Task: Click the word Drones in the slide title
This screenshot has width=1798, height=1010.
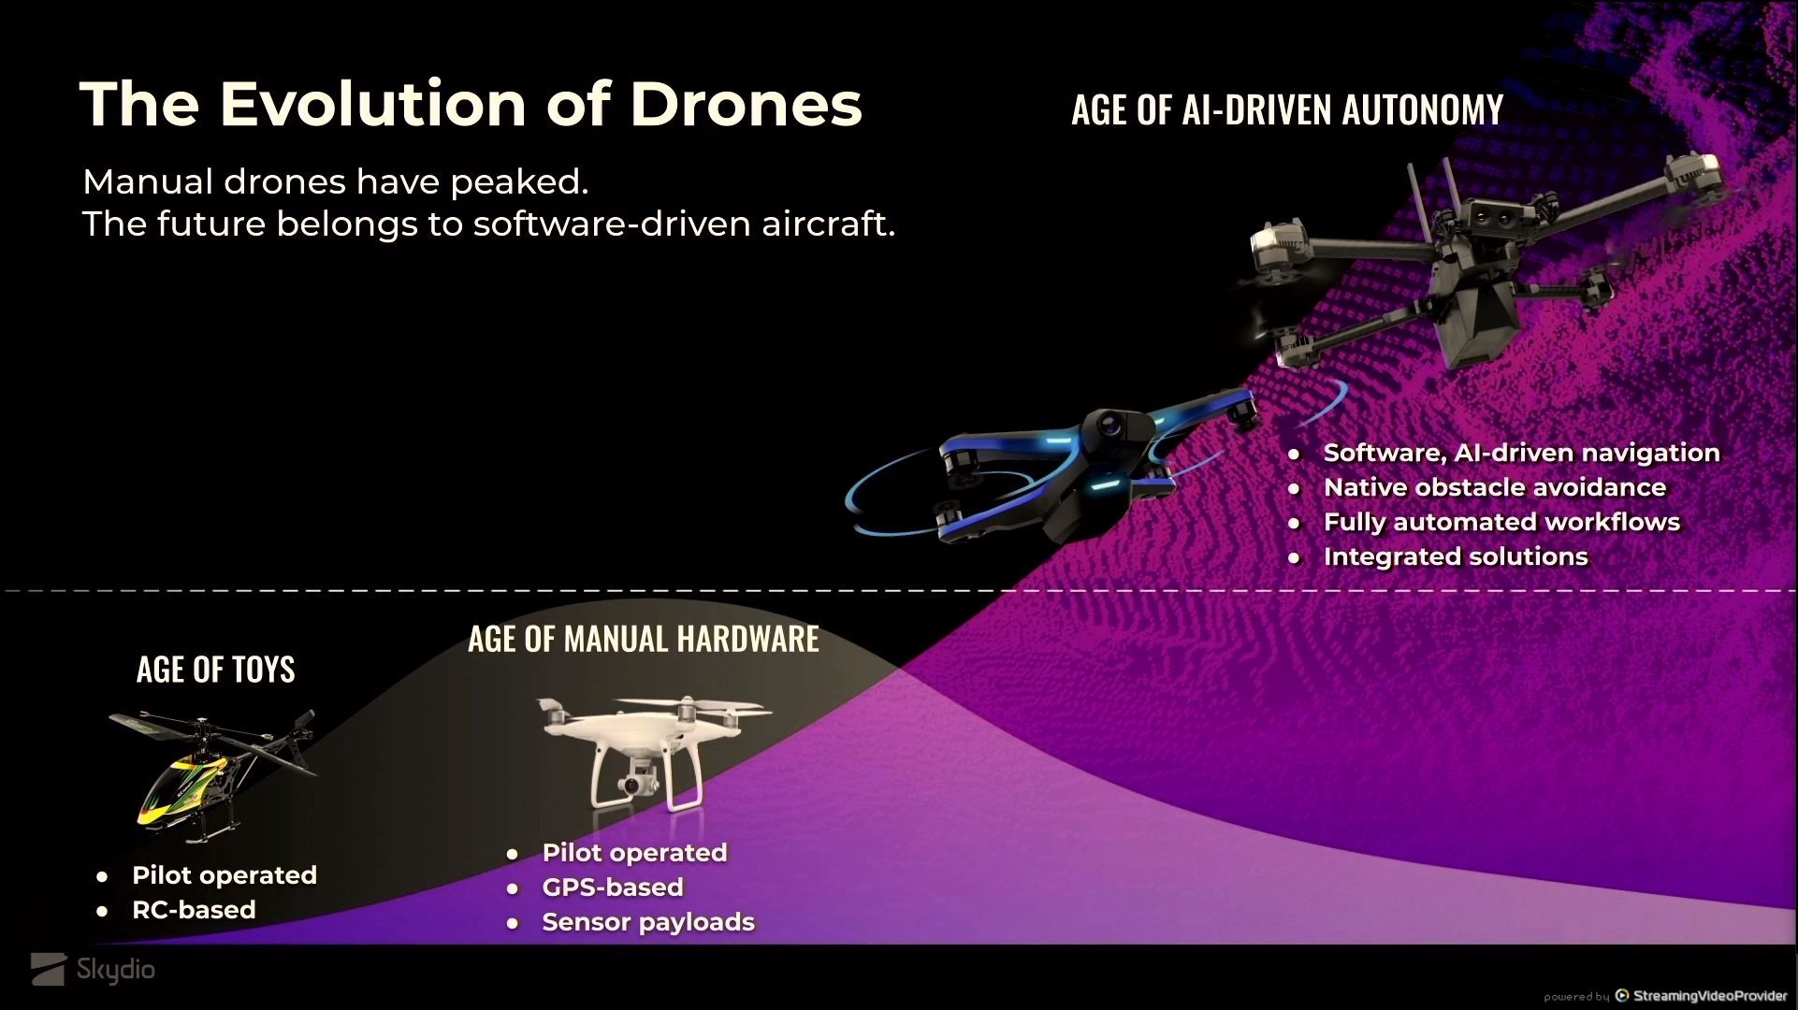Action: [746, 103]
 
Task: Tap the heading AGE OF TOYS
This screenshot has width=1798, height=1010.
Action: [216, 670]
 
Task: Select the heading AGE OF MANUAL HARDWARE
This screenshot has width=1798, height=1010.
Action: [644, 640]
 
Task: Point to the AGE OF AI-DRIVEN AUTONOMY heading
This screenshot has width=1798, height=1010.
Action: [1287, 110]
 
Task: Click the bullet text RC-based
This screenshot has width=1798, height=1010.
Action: [194, 910]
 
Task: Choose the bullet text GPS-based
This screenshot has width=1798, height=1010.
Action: [613, 887]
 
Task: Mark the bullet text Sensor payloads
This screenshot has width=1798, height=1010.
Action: [648, 922]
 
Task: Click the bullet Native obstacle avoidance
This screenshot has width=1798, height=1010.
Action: [1495, 487]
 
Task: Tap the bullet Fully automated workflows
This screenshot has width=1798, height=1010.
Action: [1501, 522]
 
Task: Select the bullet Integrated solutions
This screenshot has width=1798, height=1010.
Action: [1456, 556]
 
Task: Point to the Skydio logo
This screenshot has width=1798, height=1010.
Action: [93, 970]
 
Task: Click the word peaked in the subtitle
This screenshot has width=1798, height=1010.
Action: [519, 182]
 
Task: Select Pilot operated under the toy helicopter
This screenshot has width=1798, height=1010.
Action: [225, 875]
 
